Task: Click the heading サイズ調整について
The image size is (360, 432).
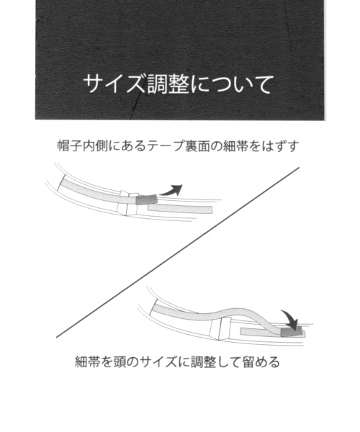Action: pyautogui.click(x=179, y=84)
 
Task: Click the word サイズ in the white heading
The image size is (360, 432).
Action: pyautogui.click(x=114, y=84)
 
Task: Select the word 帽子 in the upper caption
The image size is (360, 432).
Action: pyautogui.click(x=70, y=145)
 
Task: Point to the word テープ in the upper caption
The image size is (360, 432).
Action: pyautogui.click(x=166, y=145)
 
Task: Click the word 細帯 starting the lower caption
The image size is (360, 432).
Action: pyautogui.click(x=88, y=362)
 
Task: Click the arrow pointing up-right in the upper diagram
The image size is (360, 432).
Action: pyautogui.click(x=171, y=190)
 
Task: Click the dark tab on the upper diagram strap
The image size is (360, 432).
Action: pyautogui.click(x=147, y=199)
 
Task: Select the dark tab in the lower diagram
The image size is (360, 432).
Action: pyautogui.click(x=291, y=332)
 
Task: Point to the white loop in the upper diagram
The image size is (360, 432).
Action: pyautogui.click(x=127, y=202)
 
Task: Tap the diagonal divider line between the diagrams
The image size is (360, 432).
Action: pyautogui.click(x=178, y=252)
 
